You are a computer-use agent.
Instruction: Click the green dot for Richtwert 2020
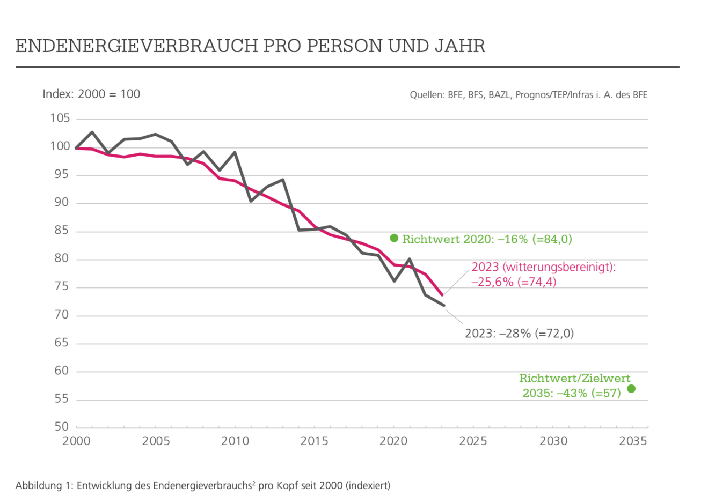(394, 238)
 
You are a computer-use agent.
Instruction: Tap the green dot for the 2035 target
(631, 389)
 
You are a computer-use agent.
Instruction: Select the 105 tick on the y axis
(60, 118)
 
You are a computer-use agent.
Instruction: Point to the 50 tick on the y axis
(62, 426)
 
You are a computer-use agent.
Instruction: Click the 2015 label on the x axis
(315, 441)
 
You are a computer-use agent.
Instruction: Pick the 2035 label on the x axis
(633, 441)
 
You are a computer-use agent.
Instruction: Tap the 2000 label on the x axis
(77, 441)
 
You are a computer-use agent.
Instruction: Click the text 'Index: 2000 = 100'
(91, 94)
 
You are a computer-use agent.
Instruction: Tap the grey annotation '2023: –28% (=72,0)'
(519, 333)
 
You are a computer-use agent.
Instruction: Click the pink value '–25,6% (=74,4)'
(514, 282)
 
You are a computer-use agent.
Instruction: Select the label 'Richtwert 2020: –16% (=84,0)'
(487, 239)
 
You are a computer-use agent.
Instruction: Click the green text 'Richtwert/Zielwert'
(574, 378)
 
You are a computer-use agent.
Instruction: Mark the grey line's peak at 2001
(92, 132)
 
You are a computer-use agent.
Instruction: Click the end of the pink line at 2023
(442, 295)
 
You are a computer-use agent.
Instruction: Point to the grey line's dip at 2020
(394, 281)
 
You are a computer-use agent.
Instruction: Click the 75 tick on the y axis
(62, 286)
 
